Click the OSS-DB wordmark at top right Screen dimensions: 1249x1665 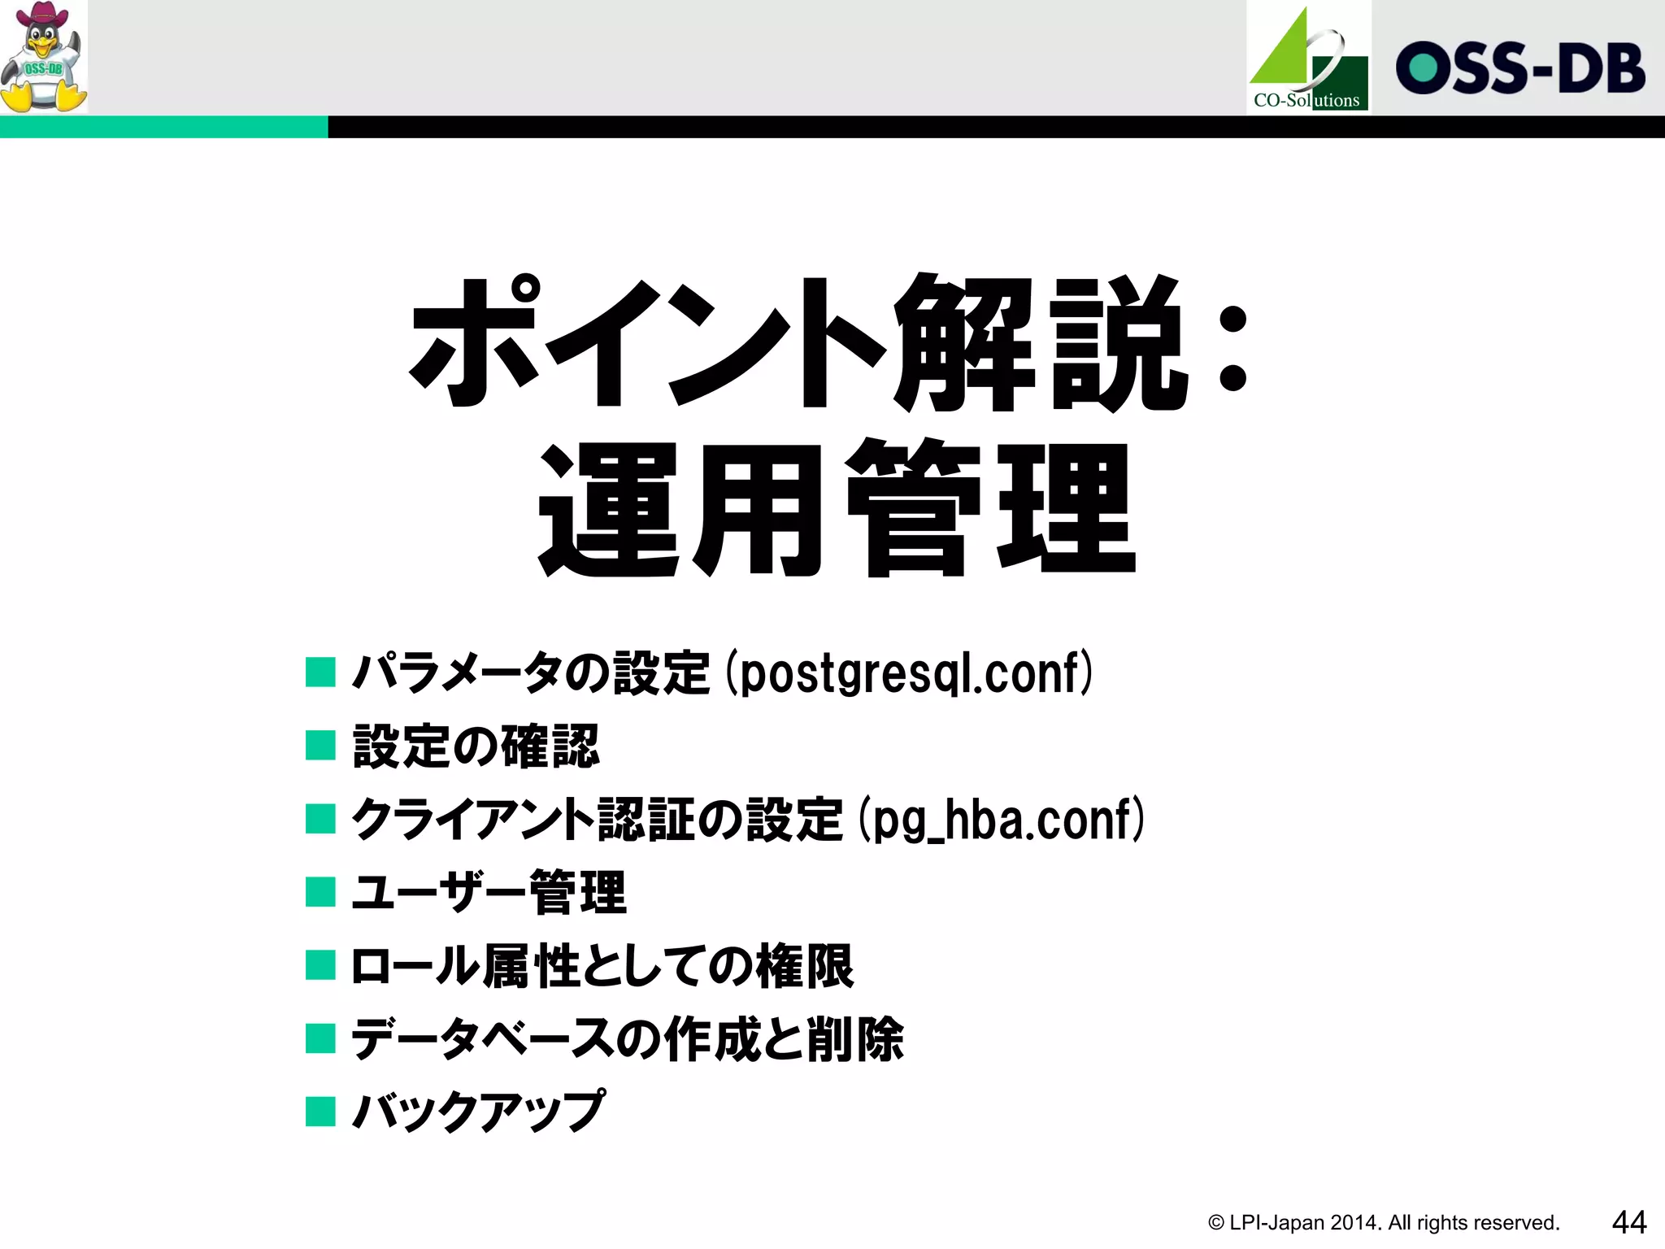coord(1519,67)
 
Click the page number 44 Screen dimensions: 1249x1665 coord(1628,1221)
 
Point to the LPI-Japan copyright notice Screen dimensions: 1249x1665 coord(1383,1222)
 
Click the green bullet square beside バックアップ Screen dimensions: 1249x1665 coord(320,1111)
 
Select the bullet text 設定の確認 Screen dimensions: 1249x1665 coord(476,746)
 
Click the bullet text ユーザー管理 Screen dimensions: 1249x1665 coord(489,892)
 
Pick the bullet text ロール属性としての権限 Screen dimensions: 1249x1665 coord(602,965)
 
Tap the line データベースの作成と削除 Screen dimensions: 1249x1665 coord(627,1038)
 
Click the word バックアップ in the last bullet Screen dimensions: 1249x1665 coord(478,1111)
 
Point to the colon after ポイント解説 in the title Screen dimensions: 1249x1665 coord(1232,348)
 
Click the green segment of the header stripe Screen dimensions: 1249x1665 coord(163,127)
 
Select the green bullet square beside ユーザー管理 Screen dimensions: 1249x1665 coord(320,892)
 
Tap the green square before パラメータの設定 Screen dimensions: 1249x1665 coord(320,673)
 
